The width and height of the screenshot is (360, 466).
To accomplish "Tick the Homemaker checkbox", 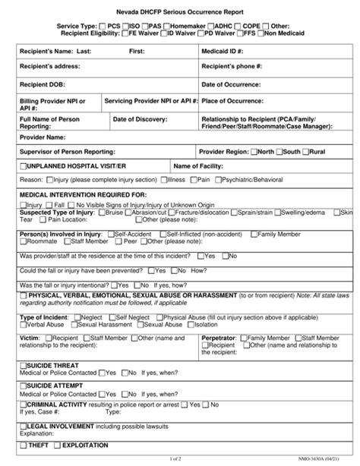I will [x=165, y=26].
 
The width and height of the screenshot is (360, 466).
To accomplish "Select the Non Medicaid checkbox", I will [x=261, y=33].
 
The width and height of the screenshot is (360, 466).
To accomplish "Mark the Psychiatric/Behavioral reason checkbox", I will [x=219, y=180].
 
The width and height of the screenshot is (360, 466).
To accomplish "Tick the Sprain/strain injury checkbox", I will [x=234, y=213].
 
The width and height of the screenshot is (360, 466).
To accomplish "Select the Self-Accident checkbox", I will [x=111, y=235].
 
